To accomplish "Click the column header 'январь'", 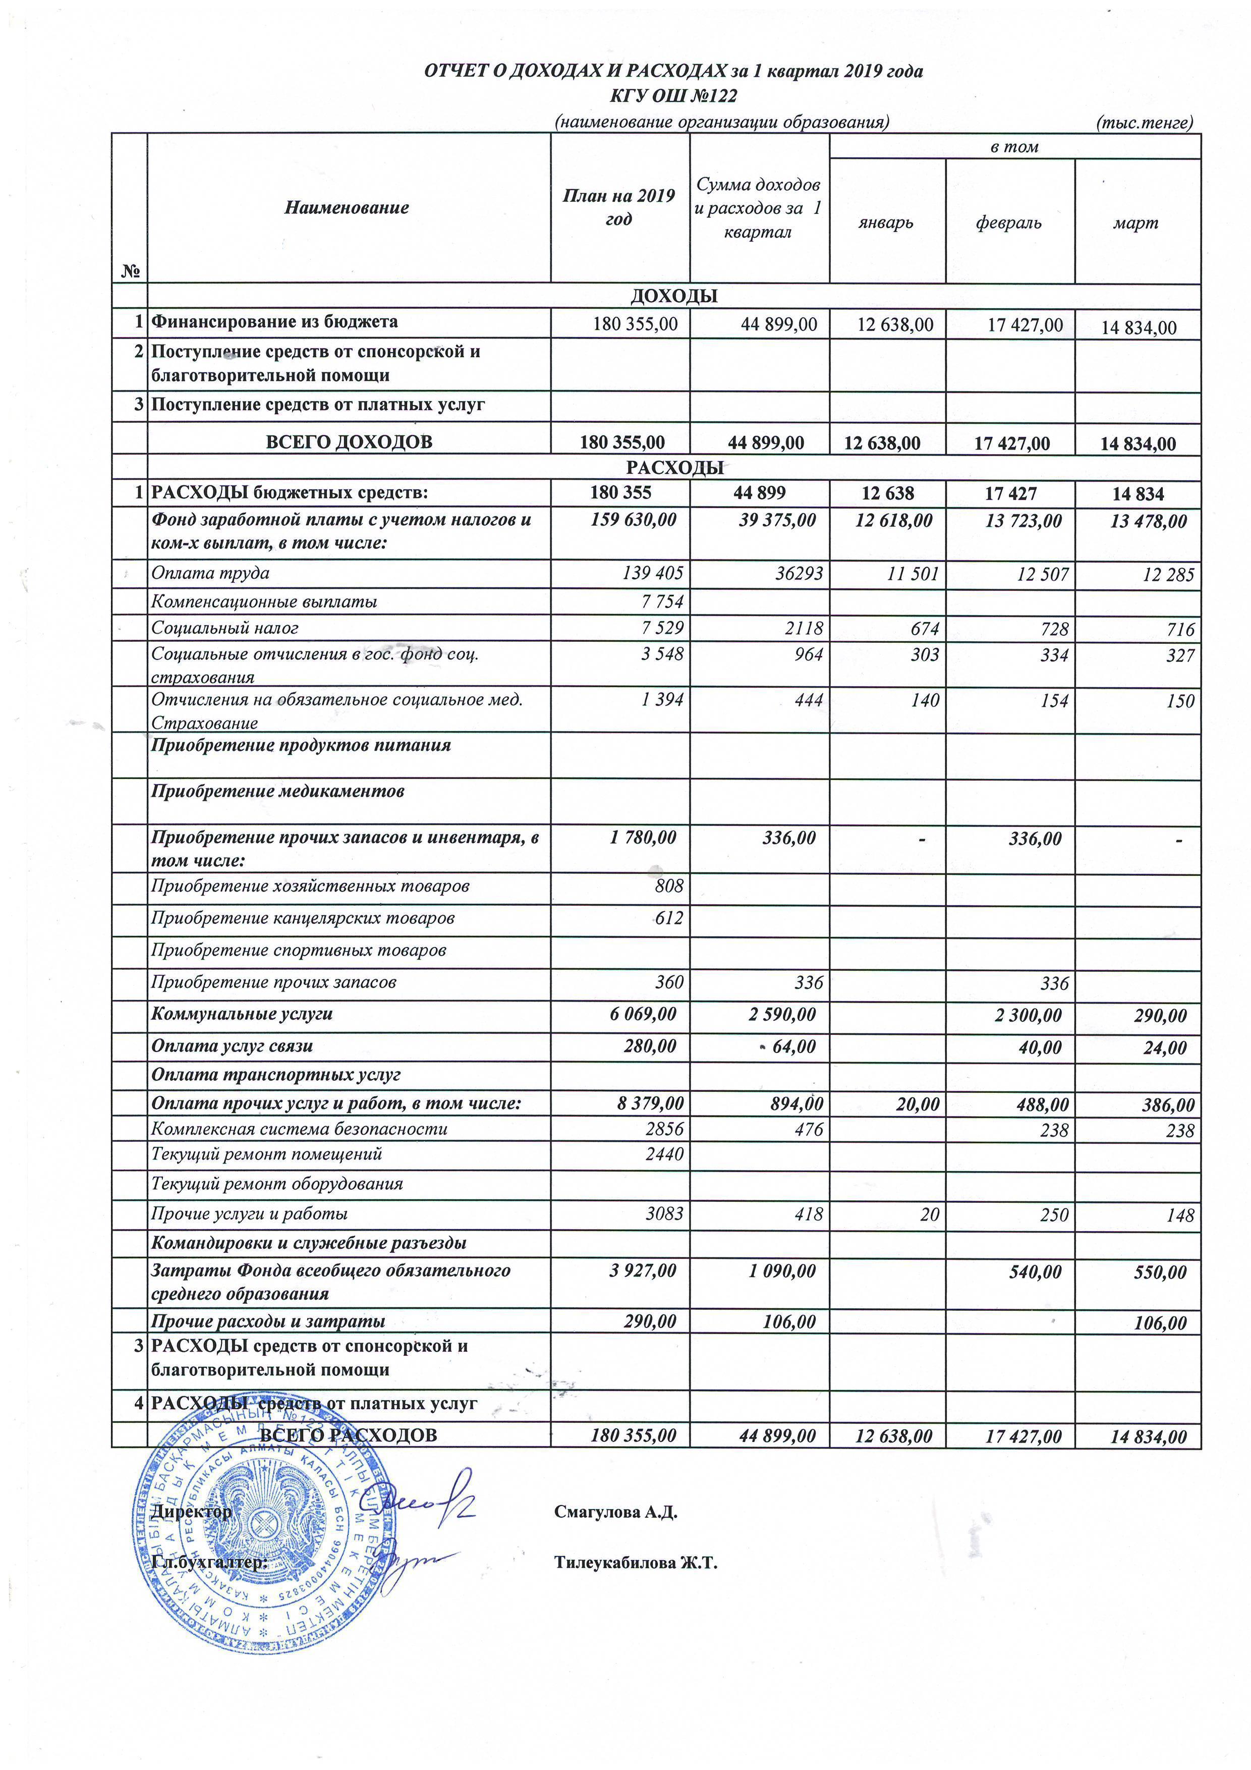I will coord(886,223).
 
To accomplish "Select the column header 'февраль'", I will coord(1008,223).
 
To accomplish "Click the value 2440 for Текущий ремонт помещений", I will coord(664,1154).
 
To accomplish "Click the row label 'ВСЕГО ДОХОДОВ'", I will coord(349,441).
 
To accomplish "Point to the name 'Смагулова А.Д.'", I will coord(615,1512).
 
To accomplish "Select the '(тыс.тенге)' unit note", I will coord(1144,122).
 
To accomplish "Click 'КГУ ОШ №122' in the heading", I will coord(674,95).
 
